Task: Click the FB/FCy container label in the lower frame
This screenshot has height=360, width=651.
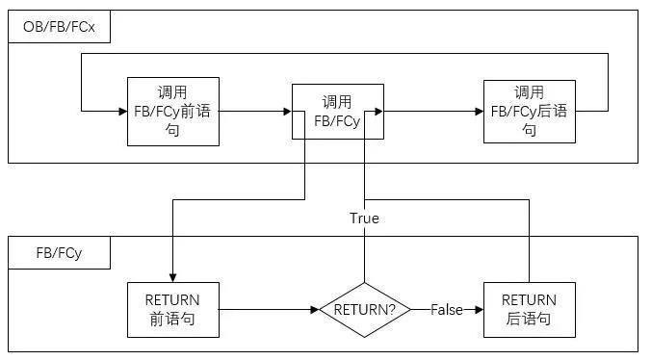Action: pyautogui.click(x=59, y=254)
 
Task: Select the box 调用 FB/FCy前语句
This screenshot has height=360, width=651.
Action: pyautogui.click(x=172, y=111)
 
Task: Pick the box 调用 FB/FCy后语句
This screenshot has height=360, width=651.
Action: pyautogui.click(x=529, y=111)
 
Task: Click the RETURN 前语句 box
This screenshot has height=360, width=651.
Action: pyautogui.click(x=171, y=309)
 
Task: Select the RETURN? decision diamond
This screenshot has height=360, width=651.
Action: pyautogui.click(x=365, y=309)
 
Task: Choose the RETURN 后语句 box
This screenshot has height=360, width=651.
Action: pyautogui.click(x=529, y=309)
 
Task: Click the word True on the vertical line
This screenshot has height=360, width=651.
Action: pyautogui.click(x=364, y=219)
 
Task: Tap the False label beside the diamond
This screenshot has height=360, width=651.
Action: pyautogui.click(x=446, y=309)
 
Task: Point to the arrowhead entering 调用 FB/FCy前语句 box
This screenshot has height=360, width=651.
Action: pyautogui.click(x=123, y=112)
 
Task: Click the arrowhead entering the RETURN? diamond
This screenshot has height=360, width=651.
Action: pyautogui.click(x=316, y=309)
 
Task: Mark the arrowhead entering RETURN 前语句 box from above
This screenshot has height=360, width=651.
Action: pyautogui.click(x=172, y=277)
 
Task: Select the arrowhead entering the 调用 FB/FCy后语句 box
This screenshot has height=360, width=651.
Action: pyautogui.click(x=480, y=112)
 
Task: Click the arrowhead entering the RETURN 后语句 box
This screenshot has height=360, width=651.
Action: pyautogui.click(x=480, y=309)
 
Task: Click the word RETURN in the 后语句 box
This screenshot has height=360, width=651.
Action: pyautogui.click(x=529, y=299)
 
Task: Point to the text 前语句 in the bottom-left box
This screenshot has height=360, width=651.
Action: pyautogui.click(x=171, y=319)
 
